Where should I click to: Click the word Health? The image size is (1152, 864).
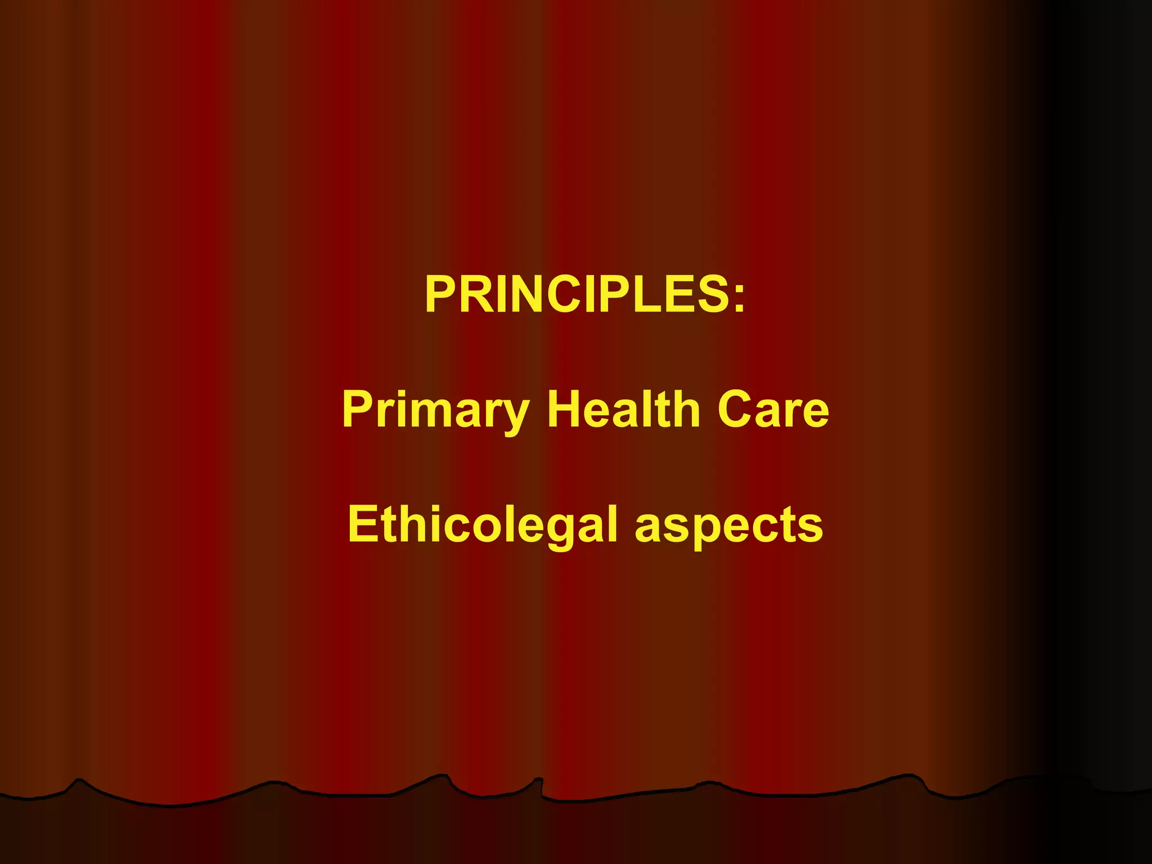tap(624, 409)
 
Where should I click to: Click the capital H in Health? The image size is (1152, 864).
tap(565, 409)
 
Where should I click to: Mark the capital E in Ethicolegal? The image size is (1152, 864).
tap(363, 524)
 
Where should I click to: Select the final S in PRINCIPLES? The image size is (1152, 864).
tap(708, 294)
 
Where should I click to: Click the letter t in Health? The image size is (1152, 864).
tap(664, 409)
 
